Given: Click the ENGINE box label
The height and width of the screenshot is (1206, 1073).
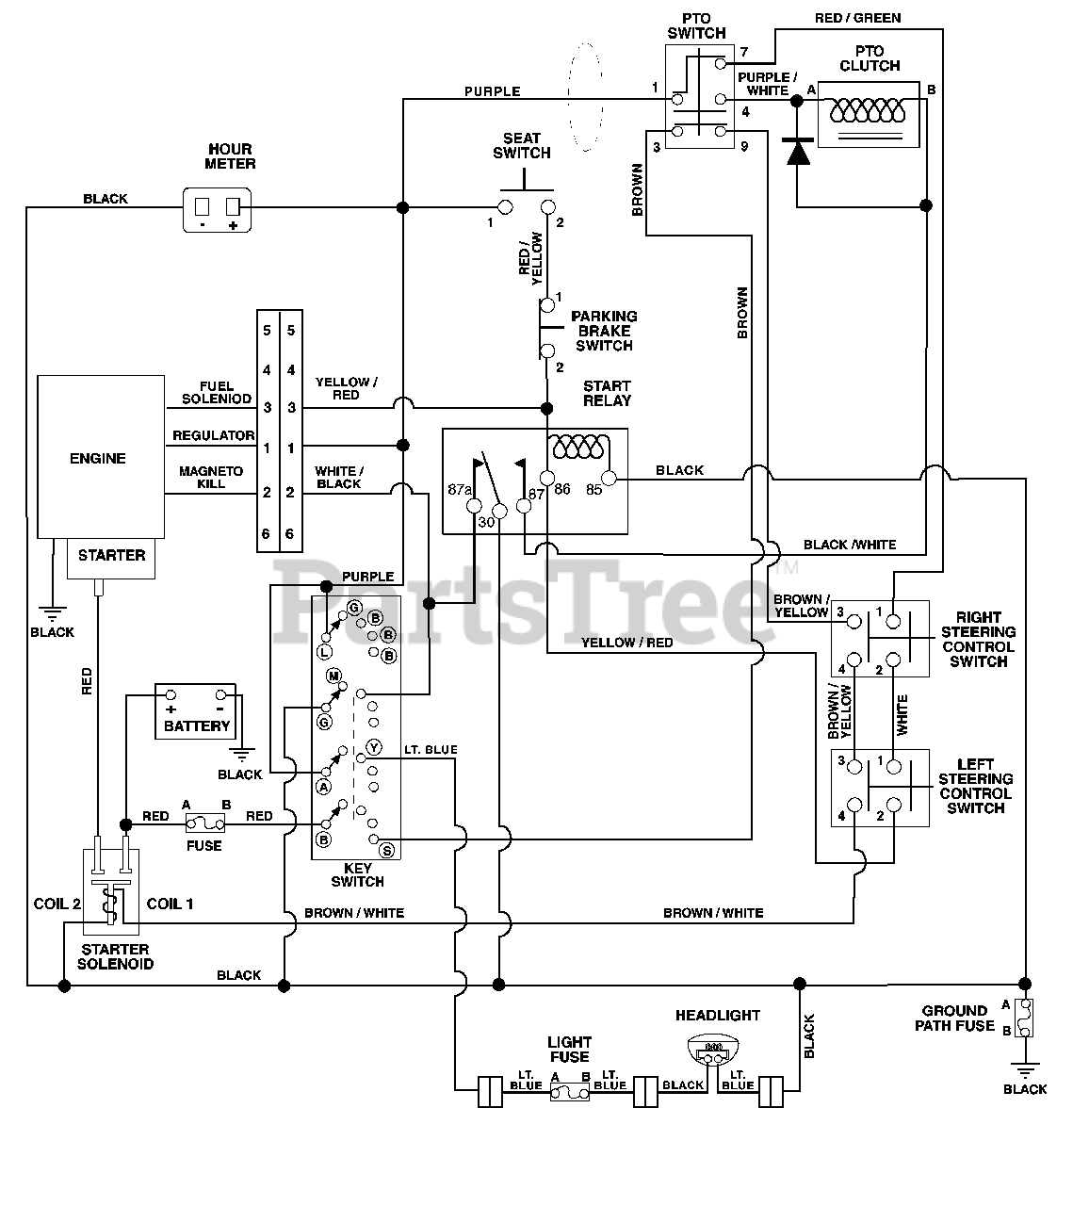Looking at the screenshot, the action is point(98,458).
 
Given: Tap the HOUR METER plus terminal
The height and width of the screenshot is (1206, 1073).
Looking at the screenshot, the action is point(233,206).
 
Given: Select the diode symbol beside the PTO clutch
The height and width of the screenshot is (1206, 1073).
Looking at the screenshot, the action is point(798,151).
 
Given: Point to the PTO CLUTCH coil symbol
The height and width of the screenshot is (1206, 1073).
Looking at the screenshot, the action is point(868,110).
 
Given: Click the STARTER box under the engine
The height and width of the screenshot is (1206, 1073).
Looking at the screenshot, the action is point(111,559).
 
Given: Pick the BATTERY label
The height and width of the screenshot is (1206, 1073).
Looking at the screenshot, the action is point(197,726).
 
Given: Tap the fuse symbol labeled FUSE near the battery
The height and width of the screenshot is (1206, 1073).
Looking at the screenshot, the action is point(205,823).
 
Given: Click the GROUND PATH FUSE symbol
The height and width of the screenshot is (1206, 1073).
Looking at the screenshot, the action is point(1024,1018).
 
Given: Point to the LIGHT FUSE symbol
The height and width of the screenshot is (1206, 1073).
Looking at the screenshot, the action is point(570,1093).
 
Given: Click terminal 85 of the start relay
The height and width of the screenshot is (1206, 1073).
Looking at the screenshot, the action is point(609,478).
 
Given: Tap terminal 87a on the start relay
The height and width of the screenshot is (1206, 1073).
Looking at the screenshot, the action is point(474,507).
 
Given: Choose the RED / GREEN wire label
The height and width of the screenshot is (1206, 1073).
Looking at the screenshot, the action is point(857,19).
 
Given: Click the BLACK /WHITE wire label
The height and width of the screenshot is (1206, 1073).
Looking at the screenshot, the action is point(850,545).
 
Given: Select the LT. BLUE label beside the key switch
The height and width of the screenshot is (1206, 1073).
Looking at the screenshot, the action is point(431,749).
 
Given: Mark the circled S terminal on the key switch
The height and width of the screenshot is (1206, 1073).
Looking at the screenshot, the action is point(387,851).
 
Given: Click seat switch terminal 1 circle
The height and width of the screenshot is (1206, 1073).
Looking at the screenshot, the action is point(505,207).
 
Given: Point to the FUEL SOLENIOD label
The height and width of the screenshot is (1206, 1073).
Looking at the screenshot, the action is point(217,393).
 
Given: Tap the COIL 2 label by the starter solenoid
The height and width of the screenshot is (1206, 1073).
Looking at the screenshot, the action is point(57,904).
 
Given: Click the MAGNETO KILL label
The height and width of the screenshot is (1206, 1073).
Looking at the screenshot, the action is point(211,478).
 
